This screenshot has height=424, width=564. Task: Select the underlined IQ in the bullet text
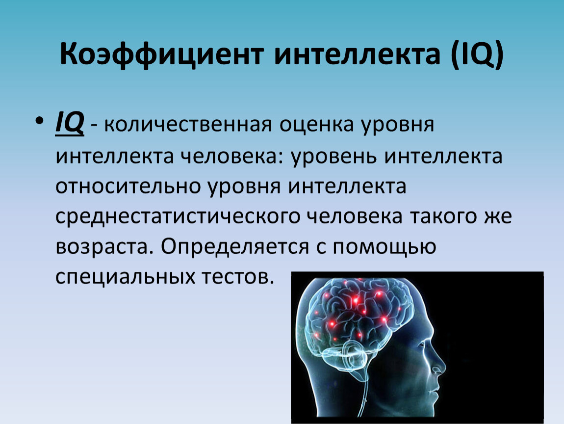coord(70,124)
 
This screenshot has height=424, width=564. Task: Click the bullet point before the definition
coord(39,120)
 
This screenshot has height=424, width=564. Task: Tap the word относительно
coord(128,186)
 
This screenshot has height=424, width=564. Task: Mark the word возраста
coord(102,247)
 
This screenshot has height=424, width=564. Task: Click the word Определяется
coord(235,247)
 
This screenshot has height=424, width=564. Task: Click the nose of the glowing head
coord(442,365)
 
